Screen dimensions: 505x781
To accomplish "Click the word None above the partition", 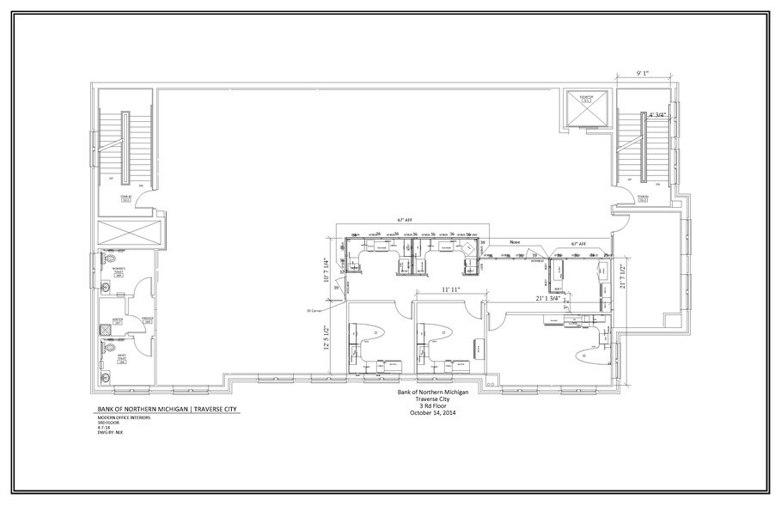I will pyautogui.click(x=516, y=242).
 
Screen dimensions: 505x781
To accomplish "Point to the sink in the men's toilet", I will pyautogui.click(x=105, y=376).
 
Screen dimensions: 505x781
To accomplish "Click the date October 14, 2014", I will pyautogui.click(x=432, y=413).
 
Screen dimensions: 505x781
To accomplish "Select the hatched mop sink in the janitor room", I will pyautogui.click(x=106, y=326).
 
